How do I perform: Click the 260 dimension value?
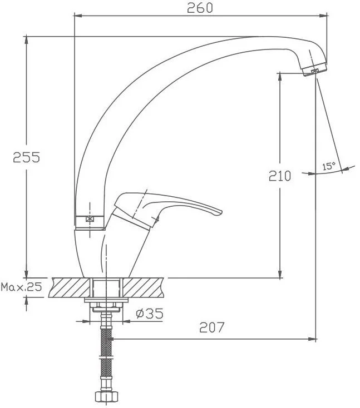200,8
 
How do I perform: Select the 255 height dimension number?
27,157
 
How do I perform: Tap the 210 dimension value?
280,176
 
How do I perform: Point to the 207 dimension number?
211,327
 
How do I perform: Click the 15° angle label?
329,166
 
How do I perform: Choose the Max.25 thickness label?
21,287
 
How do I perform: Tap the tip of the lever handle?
221,212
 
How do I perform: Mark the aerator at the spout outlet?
315,69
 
